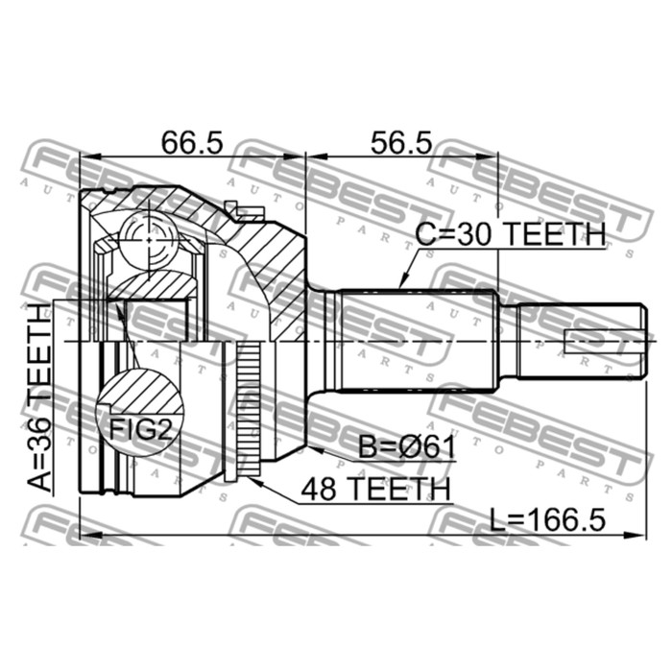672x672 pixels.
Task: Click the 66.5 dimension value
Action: tap(192, 143)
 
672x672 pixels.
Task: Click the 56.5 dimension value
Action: tap(401, 143)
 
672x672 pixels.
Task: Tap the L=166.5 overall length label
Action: tap(548, 519)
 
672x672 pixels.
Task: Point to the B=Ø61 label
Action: tap(407, 448)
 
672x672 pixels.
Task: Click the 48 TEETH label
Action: tap(375, 489)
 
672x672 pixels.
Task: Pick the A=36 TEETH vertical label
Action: tap(39, 397)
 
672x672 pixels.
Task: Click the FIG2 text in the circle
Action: tap(140, 429)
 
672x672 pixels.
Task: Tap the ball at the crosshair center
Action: tap(148, 240)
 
